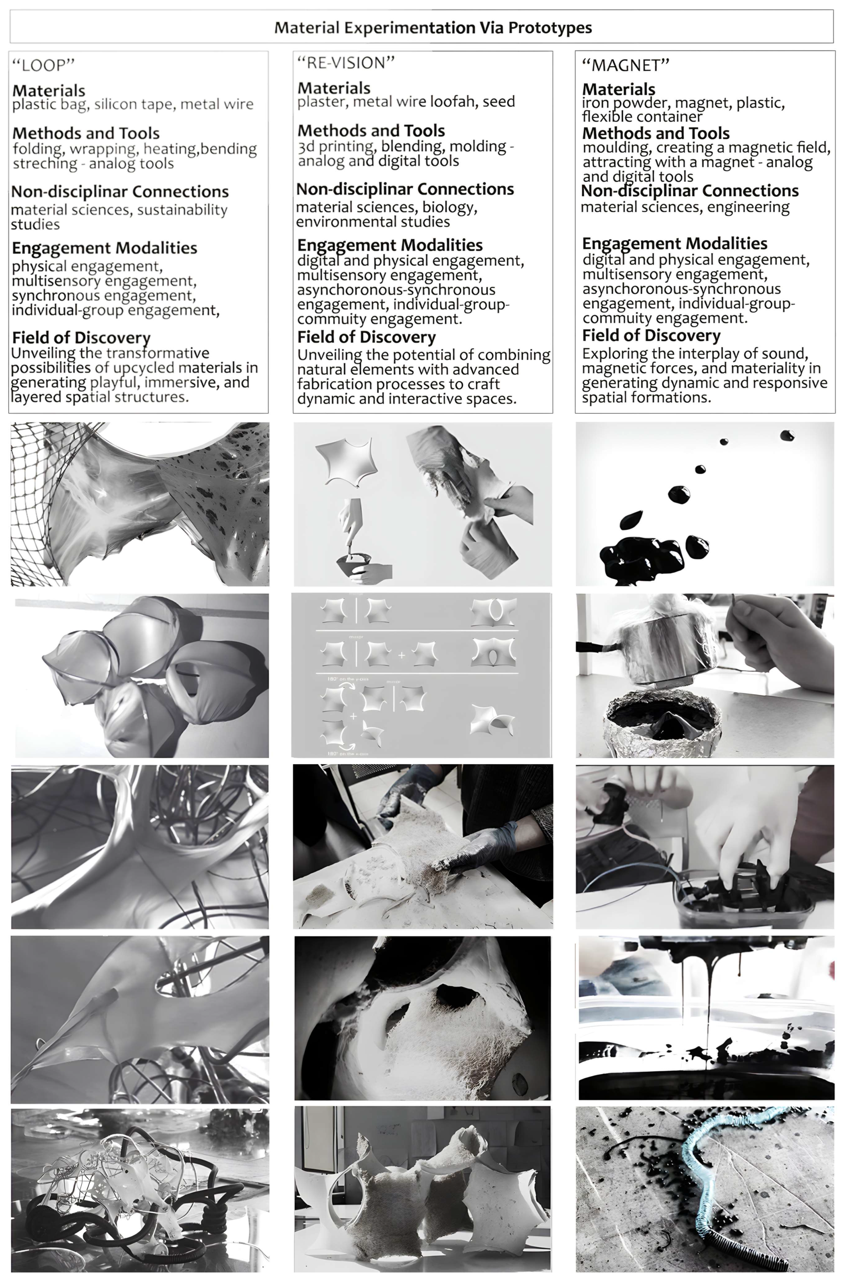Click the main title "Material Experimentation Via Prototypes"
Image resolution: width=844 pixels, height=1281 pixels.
coord(433,27)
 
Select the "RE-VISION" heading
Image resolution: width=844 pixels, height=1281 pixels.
coord(346,63)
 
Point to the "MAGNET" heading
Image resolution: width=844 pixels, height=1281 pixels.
coord(626,65)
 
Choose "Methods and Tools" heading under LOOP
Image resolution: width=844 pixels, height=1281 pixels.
coord(86,133)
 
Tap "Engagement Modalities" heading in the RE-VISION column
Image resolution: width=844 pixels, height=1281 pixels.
coord(390,245)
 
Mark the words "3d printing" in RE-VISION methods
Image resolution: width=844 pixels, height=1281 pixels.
coord(335,146)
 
